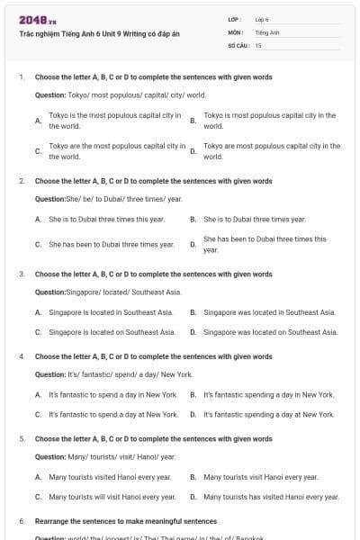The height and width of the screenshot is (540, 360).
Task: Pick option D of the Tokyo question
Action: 271,150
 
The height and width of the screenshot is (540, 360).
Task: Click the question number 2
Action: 22,181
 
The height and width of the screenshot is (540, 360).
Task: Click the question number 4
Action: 22,356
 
